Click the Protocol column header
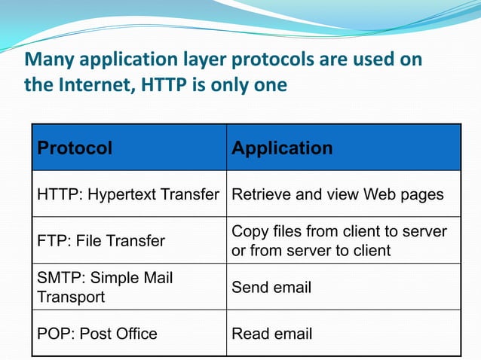click(x=75, y=148)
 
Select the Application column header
click(x=282, y=148)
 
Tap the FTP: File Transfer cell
click(x=101, y=241)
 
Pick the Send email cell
click(x=271, y=287)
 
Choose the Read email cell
click(x=271, y=333)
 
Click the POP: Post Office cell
click(x=97, y=333)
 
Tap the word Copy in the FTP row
click(x=248, y=231)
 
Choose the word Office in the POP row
click(x=135, y=333)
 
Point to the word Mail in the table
click(x=158, y=278)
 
